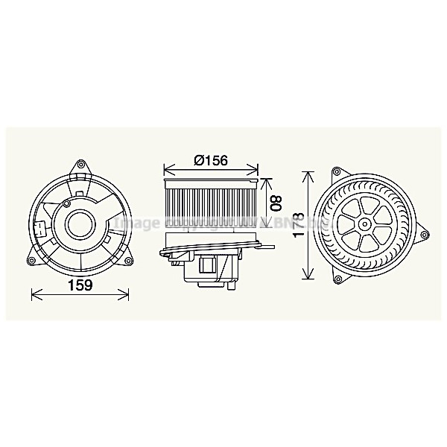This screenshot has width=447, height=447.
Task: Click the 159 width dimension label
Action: point(81,285)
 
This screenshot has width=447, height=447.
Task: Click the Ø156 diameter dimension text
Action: point(210,159)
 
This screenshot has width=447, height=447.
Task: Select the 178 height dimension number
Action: point(299,224)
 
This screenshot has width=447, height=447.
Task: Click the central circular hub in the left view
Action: point(80,223)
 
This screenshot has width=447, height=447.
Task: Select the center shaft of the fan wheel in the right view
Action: point(366,223)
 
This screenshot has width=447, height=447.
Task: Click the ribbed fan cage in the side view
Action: point(210,203)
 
